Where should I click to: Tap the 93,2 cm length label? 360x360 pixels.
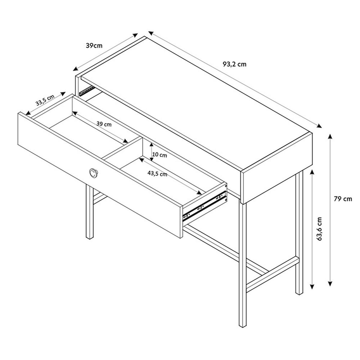point(235,64)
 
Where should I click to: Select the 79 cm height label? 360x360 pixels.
point(343,199)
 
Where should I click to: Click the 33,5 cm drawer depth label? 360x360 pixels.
point(45,100)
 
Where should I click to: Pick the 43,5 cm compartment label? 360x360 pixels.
point(157,174)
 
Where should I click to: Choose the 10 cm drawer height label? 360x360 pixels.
point(160,155)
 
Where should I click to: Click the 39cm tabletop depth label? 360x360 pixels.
point(94,45)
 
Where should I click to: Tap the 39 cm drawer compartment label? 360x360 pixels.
point(104,124)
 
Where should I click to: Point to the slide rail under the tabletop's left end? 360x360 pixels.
point(86,91)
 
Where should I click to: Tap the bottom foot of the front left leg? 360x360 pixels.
point(90,238)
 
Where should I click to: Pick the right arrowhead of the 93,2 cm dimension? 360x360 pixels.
point(319,126)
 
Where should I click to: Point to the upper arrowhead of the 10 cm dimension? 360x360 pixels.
point(151,145)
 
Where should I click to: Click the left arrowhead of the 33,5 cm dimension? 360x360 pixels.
point(28,113)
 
